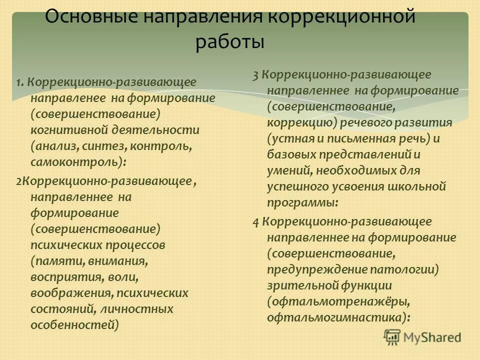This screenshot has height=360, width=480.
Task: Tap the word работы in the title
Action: [x=230, y=42]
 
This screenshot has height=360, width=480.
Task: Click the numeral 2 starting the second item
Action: [x=18, y=180]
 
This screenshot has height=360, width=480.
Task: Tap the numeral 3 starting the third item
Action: [x=255, y=75]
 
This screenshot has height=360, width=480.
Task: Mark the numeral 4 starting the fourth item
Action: [x=255, y=221]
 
